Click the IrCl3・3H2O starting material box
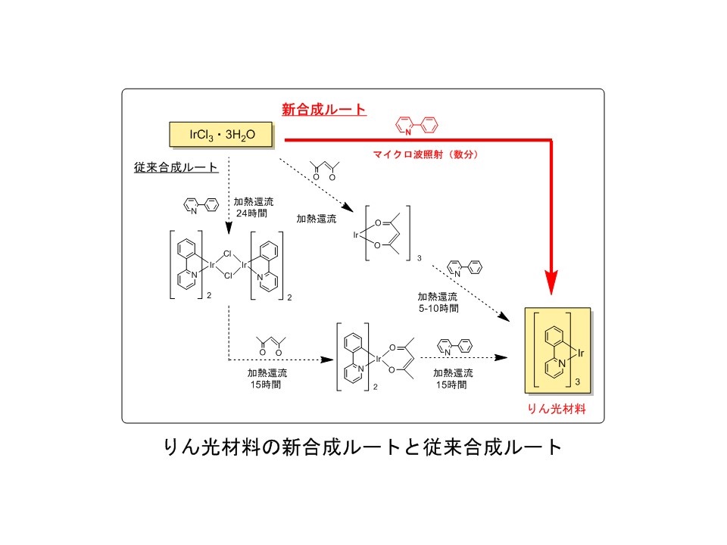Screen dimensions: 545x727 point(223,135)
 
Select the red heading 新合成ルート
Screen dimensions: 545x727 point(324,110)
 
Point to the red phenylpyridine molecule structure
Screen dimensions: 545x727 point(417,126)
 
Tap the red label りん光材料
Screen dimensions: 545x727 point(558,409)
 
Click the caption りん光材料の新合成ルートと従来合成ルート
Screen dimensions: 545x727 point(363,447)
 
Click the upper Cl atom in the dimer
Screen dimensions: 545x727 point(226,256)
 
